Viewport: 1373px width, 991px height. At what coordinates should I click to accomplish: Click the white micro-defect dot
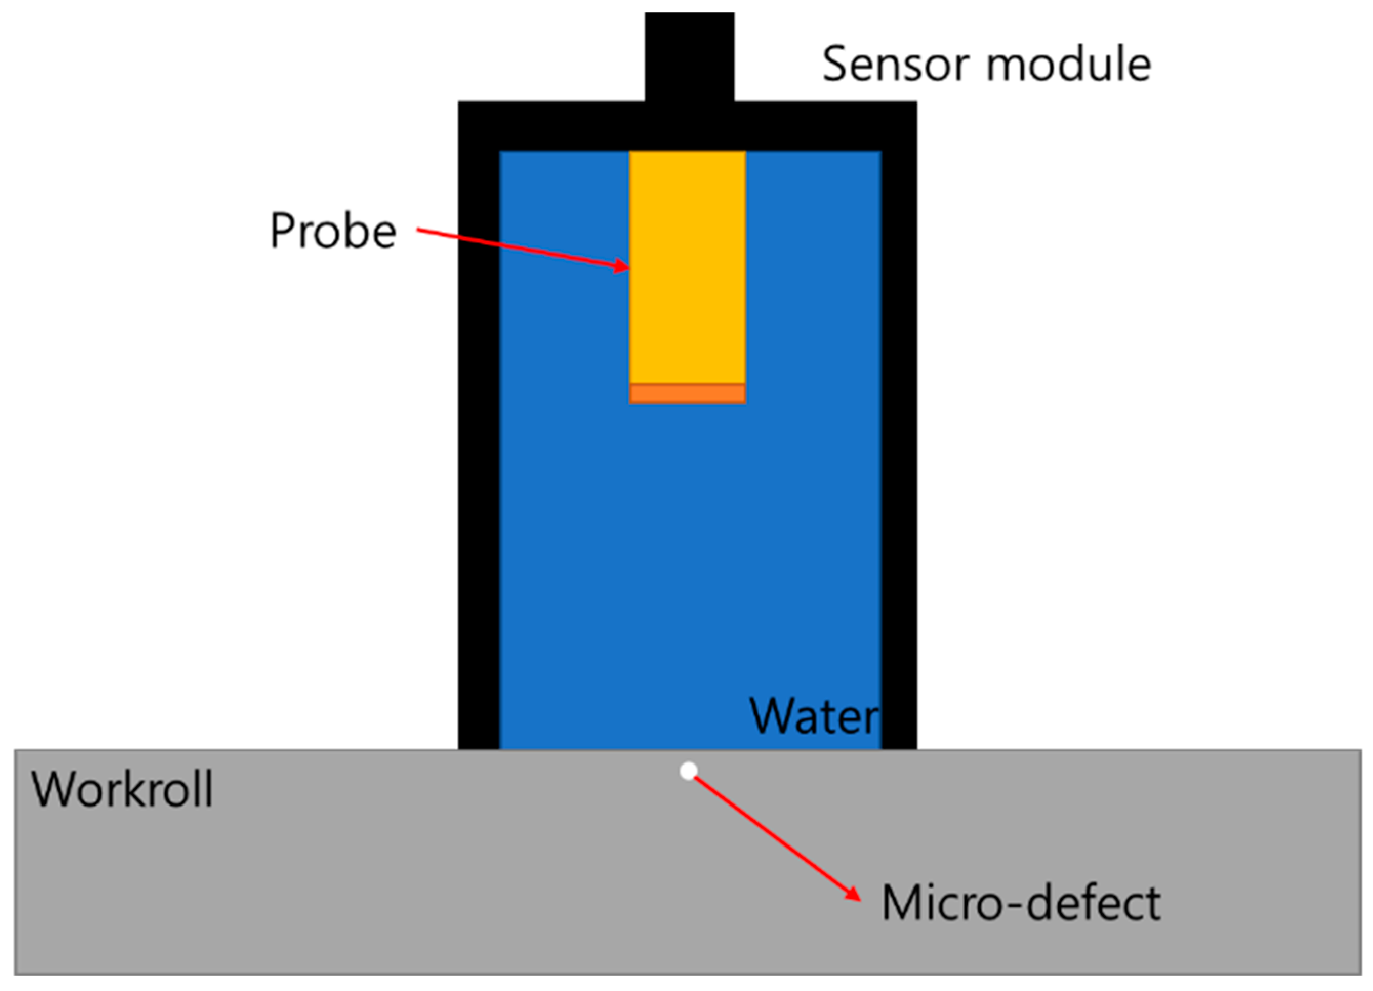[x=688, y=771]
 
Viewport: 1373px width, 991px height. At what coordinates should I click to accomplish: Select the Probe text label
[x=333, y=231]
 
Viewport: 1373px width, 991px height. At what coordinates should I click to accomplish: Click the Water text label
[x=814, y=716]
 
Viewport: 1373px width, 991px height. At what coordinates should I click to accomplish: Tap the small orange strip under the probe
[x=688, y=394]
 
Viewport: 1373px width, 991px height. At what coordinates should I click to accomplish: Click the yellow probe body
[x=688, y=266]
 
